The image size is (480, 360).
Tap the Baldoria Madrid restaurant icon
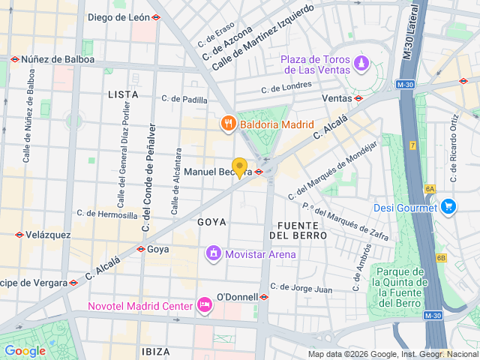[226, 122]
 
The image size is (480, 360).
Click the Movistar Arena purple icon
[213, 254]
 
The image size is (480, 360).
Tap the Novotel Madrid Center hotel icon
[203, 304]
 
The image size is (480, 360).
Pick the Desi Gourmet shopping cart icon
[448, 206]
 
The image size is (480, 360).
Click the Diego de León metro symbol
[156, 17]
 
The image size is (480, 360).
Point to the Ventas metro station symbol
[358, 98]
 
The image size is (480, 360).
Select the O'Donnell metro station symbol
[264, 297]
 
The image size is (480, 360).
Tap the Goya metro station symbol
[140, 249]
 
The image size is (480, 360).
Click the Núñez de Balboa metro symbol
[14, 59]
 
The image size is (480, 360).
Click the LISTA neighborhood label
[123, 94]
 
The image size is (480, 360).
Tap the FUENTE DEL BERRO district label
[302, 229]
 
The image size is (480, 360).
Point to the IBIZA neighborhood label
[155, 351]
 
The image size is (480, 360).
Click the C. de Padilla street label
[184, 99]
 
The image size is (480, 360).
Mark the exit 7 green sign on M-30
[412, 145]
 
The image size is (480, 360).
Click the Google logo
[25, 350]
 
